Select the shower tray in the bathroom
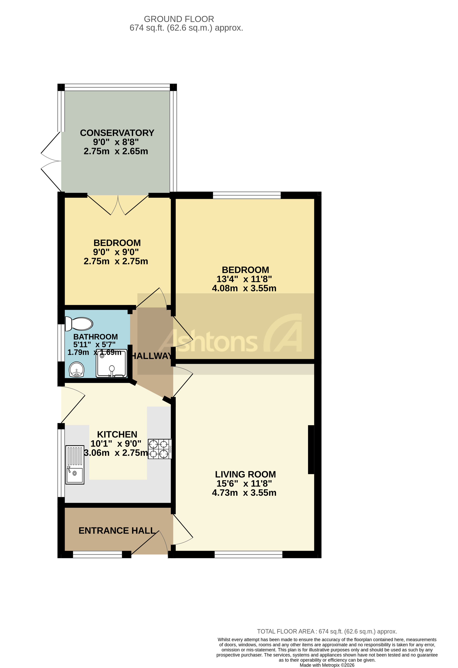coord(111,364)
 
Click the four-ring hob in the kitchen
coord(159,449)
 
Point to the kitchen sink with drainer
coord(75,465)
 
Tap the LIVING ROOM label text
coord(245,474)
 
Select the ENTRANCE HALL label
coord(117,531)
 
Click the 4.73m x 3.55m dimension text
coord(244,493)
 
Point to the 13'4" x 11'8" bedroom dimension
coord(244,279)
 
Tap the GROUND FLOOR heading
coord(179,19)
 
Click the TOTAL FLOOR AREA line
coord(327,631)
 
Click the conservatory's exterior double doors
coord(51,161)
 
